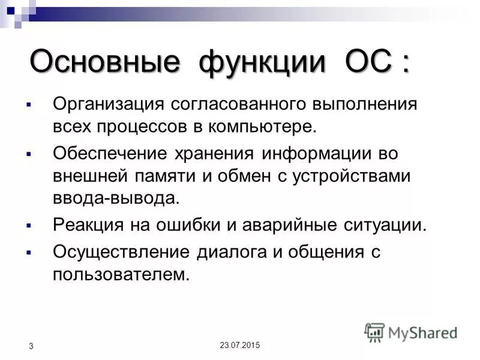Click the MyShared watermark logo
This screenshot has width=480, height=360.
(411, 332)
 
